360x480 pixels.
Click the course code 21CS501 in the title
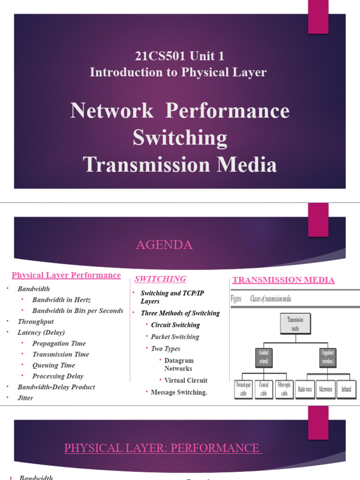pyautogui.click(x=160, y=57)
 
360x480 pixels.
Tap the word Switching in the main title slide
pyautogui.click(x=180, y=138)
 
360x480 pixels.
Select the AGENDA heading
pyautogui.click(x=164, y=245)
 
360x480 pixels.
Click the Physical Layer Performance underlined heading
pyautogui.click(x=66, y=276)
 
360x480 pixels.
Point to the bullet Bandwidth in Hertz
pyautogui.click(x=61, y=300)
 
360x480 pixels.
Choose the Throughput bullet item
pyautogui.click(x=36, y=322)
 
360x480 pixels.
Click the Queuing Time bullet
pyautogui.click(x=53, y=365)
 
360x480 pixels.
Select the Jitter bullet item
pyautogui.click(x=25, y=398)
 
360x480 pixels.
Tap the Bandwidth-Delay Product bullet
pyautogui.click(x=56, y=387)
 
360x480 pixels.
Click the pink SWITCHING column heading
pyautogui.click(x=160, y=279)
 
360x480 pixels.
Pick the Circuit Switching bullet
pyautogui.click(x=175, y=325)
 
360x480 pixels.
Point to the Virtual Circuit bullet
pyautogui.click(x=186, y=381)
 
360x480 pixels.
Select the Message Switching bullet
pyautogui.click(x=179, y=392)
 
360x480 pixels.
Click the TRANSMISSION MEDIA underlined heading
pyautogui.click(x=284, y=280)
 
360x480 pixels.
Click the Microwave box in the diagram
pyautogui.click(x=329, y=390)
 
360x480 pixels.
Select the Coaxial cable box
pyautogui.click(x=264, y=390)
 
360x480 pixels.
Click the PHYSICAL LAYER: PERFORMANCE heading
pyautogui.click(x=162, y=448)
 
